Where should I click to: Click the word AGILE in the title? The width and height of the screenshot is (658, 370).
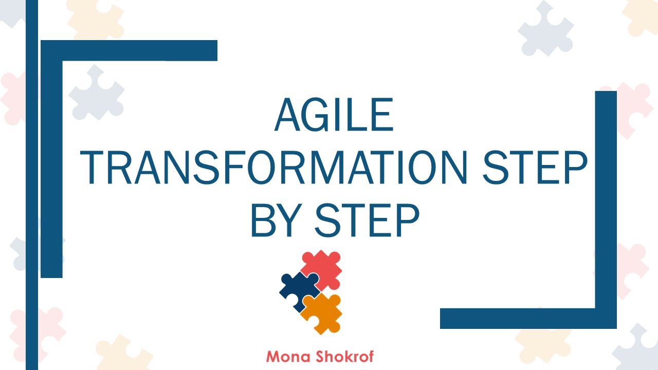click(334, 116)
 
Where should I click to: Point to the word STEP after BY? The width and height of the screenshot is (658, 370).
click(367, 220)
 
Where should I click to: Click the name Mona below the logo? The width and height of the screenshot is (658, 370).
click(287, 356)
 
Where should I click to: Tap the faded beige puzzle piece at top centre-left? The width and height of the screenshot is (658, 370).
click(95, 18)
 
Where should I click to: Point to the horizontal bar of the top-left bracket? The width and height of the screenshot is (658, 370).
click(129, 50)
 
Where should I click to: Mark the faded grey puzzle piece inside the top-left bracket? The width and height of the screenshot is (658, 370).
click(96, 92)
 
